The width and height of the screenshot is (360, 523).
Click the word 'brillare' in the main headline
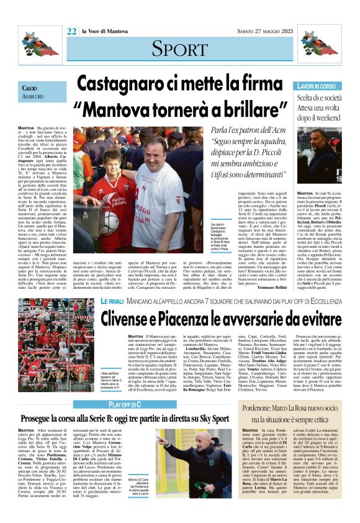click(250, 109)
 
